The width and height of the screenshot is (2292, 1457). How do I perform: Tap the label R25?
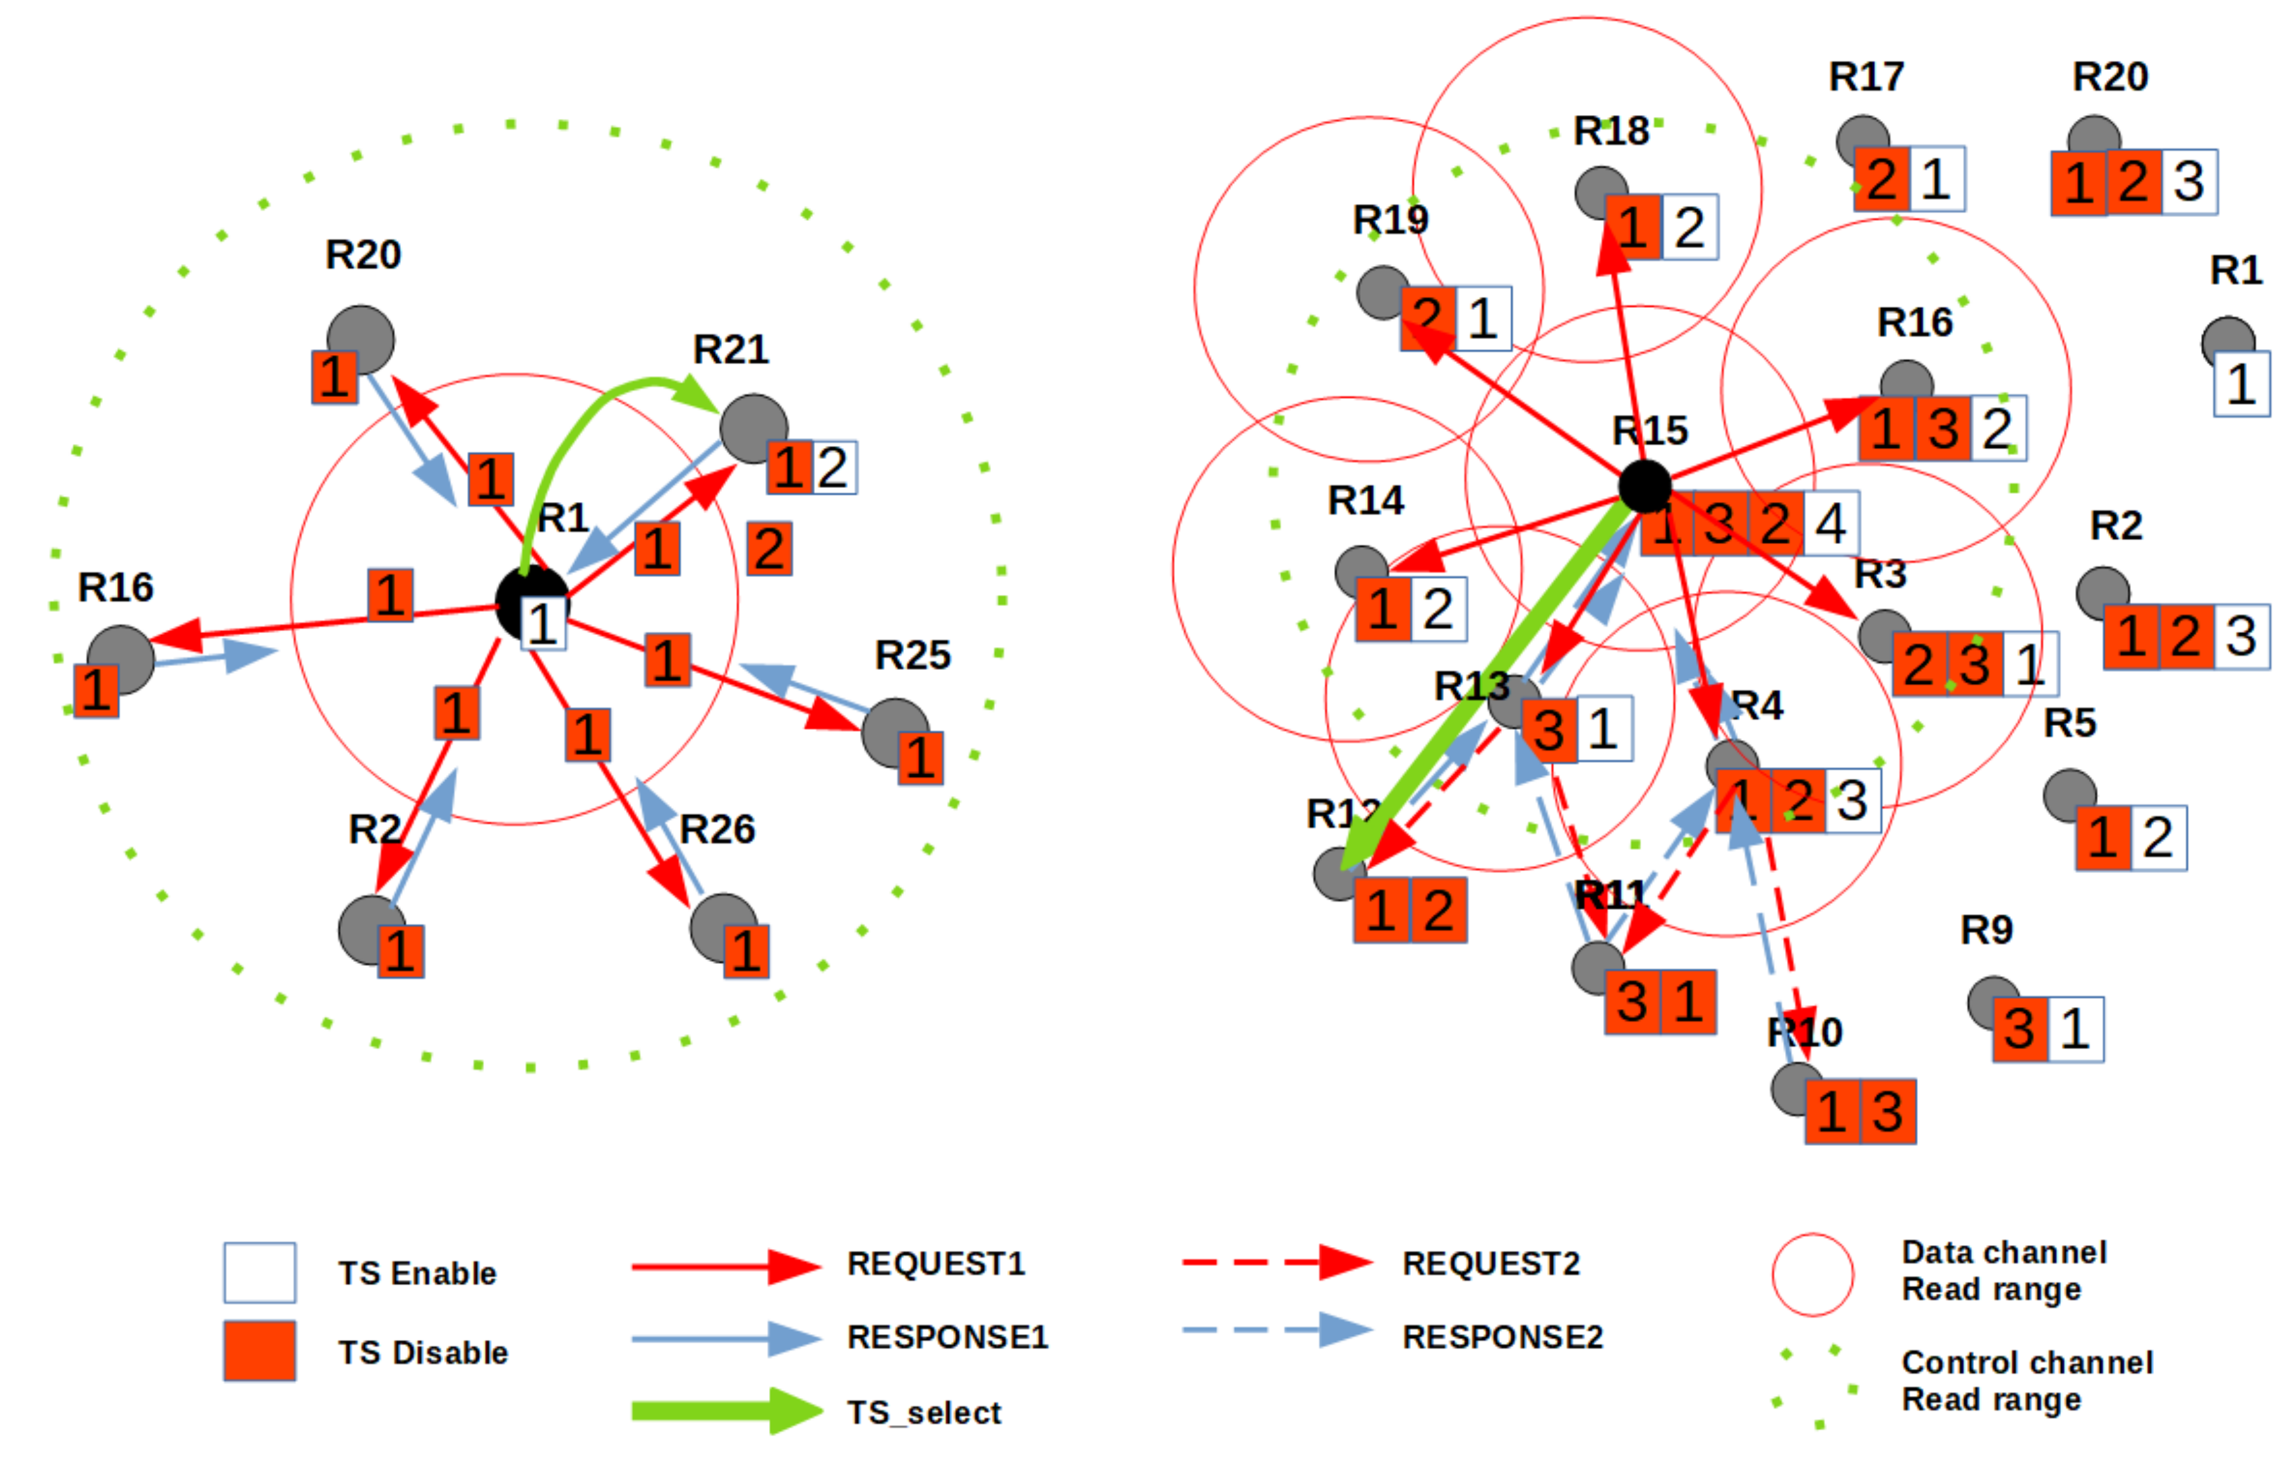coord(912,655)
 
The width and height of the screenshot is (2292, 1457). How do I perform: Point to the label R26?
coord(717,830)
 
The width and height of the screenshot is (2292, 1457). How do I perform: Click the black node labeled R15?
coord(1644,487)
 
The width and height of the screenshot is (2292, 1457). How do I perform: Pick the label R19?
coord(1390,220)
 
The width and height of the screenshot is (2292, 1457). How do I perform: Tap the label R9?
coord(1987,930)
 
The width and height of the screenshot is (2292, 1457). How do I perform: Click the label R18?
coord(1611,132)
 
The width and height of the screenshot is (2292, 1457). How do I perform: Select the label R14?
coord(1365,501)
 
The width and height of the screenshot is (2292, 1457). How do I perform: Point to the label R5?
coord(2069,724)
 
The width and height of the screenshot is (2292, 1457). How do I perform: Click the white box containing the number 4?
coord(1830,524)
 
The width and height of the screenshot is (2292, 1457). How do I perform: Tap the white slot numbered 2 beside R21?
coord(833,468)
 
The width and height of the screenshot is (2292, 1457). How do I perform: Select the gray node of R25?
coord(894,731)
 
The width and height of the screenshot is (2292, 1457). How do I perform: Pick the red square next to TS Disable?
coord(259,1350)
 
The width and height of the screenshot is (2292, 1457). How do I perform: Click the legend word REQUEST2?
coord(1490,1264)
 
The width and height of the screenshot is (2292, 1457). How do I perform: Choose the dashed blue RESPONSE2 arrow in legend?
coord(1275,1330)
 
